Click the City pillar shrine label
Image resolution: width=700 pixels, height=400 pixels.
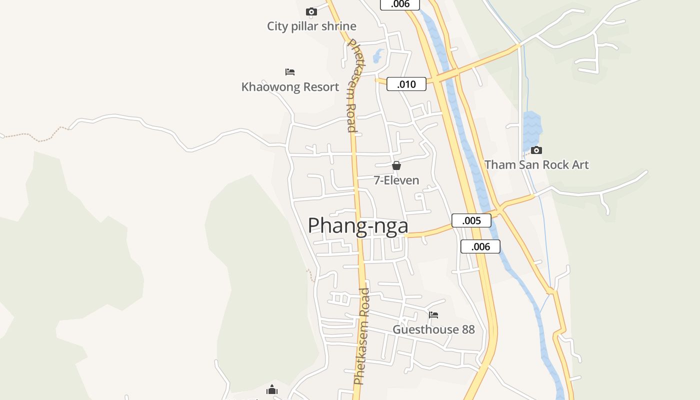[x=311, y=26]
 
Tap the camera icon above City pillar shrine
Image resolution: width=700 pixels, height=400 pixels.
[x=311, y=11]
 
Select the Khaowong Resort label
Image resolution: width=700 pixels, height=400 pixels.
[x=290, y=87]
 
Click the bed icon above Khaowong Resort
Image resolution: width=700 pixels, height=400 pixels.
[x=290, y=72]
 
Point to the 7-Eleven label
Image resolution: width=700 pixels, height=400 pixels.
[x=396, y=180]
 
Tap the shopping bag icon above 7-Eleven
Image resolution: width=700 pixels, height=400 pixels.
[x=396, y=165]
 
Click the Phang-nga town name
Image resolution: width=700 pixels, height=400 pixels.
[x=358, y=226]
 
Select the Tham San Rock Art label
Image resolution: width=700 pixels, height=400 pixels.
[x=536, y=165]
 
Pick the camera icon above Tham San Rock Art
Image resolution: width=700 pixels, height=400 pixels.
[x=536, y=150]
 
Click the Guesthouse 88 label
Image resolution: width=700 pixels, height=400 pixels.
[x=433, y=330]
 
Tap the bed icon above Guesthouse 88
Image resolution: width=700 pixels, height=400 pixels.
[x=433, y=315]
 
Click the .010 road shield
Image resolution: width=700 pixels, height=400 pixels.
[x=406, y=84]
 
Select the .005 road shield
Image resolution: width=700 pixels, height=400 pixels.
[x=471, y=220]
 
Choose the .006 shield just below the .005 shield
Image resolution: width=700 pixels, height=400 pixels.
[x=480, y=246]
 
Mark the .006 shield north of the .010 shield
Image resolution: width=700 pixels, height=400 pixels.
[x=400, y=4]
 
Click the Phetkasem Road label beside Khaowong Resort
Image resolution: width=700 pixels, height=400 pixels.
[x=352, y=85]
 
